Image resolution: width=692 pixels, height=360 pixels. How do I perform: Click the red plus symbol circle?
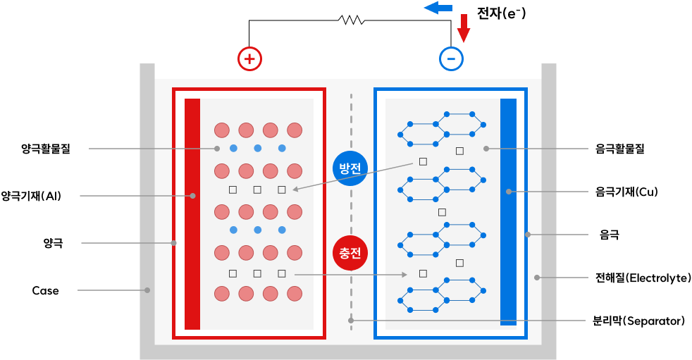(x=249, y=59)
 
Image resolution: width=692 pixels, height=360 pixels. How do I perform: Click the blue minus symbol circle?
(x=451, y=58)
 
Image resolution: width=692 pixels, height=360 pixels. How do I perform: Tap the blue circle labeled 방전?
(x=350, y=168)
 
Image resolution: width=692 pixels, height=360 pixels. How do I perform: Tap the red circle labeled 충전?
(x=350, y=253)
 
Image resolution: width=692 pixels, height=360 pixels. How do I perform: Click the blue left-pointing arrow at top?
(x=437, y=8)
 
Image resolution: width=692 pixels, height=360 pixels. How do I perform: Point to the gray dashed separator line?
(x=351, y=211)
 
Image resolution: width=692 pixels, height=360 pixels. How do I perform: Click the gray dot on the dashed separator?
(x=351, y=321)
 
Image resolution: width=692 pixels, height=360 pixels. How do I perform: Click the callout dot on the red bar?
(x=192, y=196)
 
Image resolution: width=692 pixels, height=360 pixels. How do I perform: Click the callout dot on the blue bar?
(x=509, y=192)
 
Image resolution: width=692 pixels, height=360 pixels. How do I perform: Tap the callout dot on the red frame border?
(x=173, y=243)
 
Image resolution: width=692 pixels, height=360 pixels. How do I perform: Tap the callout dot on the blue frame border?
(x=527, y=235)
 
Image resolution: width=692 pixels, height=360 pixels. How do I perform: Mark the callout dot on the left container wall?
(x=147, y=290)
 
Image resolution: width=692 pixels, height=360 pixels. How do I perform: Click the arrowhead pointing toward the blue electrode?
(x=404, y=274)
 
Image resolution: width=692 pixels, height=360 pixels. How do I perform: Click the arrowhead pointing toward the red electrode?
(x=296, y=189)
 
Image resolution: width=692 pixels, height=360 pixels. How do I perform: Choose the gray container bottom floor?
(x=348, y=352)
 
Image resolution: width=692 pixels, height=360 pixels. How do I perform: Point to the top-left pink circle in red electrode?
(x=222, y=130)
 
